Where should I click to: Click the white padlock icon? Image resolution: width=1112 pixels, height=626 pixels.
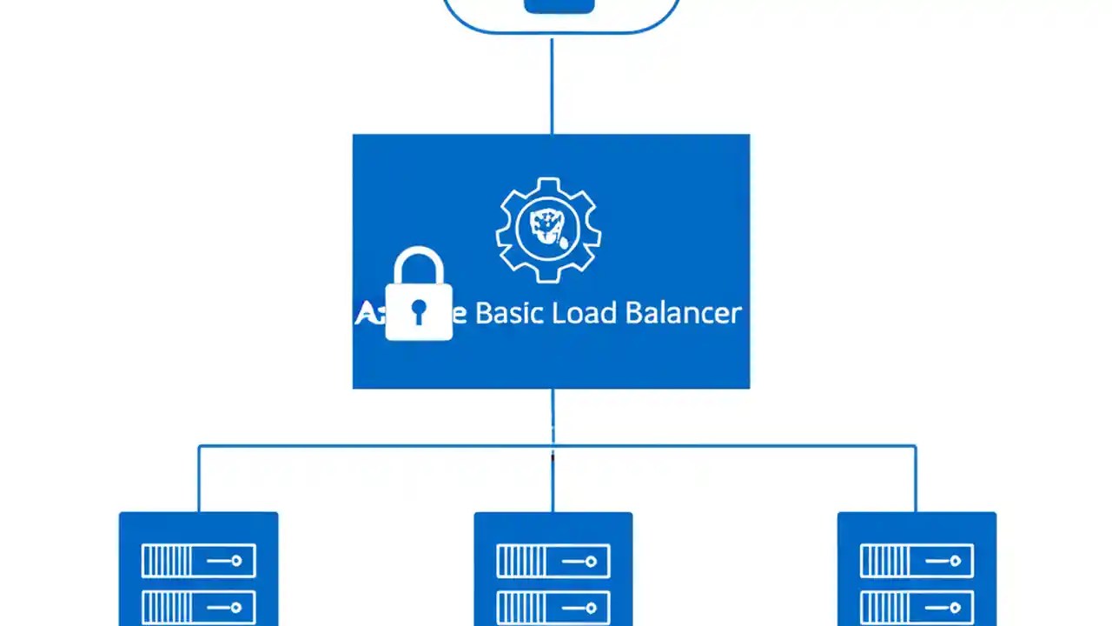pyautogui.click(x=419, y=296)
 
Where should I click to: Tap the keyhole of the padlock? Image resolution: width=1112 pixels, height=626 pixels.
pyautogui.click(x=419, y=311)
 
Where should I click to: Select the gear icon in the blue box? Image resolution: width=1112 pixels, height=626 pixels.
pyautogui.click(x=548, y=230)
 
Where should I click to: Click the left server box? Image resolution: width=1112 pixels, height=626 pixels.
pyautogui.click(x=198, y=569)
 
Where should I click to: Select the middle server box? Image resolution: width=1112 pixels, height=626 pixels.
pyautogui.click(x=553, y=569)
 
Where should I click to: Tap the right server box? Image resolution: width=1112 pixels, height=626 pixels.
pyautogui.click(x=917, y=569)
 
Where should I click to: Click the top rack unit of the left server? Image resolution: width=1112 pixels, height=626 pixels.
pyautogui.click(x=198, y=561)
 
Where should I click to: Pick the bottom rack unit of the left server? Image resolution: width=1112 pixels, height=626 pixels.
pyautogui.click(x=198, y=607)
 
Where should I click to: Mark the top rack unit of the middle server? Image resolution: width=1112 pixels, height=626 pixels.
pyautogui.click(x=553, y=561)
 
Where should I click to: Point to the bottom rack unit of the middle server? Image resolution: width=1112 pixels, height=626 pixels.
pyautogui.click(x=553, y=607)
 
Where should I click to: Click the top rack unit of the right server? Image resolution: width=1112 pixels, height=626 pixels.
pyautogui.click(x=917, y=561)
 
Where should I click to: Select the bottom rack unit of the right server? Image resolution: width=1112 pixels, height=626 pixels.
pyautogui.click(x=917, y=607)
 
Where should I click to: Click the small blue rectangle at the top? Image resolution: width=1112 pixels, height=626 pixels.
pyautogui.click(x=559, y=6)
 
